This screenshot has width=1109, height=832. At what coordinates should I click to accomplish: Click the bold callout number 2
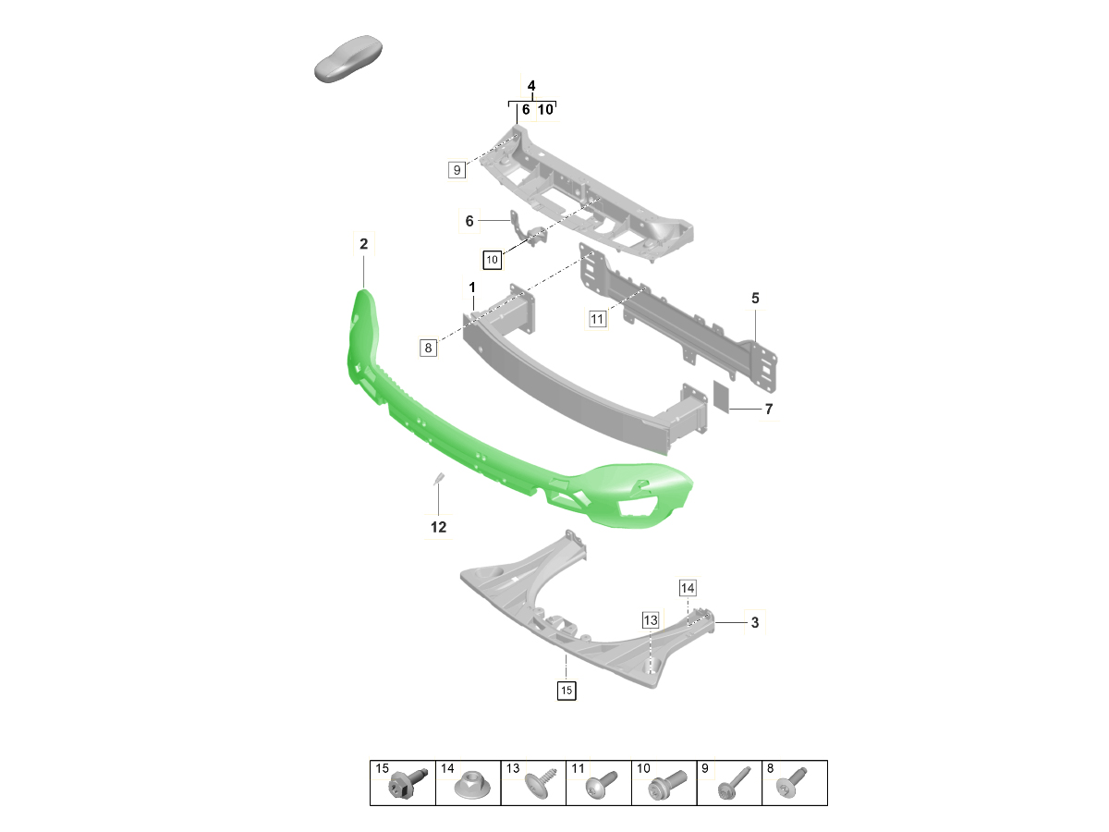pyautogui.click(x=363, y=244)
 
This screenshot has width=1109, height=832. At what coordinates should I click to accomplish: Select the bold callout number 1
pyautogui.click(x=471, y=288)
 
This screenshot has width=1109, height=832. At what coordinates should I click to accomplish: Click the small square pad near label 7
pyautogui.click(x=721, y=397)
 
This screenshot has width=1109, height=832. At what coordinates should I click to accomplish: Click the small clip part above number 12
pyautogui.click(x=440, y=479)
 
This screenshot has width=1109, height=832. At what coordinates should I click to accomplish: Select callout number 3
pyautogui.click(x=754, y=623)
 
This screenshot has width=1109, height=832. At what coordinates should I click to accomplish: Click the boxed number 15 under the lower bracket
pyautogui.click(x=566, y=690)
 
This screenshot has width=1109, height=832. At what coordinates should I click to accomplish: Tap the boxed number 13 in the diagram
pyautogui.click(x=651, y=620)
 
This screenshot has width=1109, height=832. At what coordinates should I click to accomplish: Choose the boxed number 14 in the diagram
pyautogui.click(x=688, y=588)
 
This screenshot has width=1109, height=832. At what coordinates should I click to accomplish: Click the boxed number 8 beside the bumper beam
pyautogui.click(x=428, y=349)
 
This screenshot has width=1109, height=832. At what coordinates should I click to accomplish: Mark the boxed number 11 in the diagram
pyautogui.click(x=597, y=320)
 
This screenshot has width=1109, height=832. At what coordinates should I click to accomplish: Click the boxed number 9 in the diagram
pyautogui.click(x=457, y=170)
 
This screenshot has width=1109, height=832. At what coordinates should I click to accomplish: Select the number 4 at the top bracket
pyautogui.click(x=531, y=87)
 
